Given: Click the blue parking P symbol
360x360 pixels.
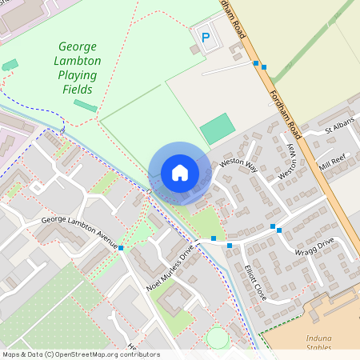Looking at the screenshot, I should [x=206, y=36].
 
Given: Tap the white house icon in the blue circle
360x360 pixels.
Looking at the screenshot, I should [x=179, y=172].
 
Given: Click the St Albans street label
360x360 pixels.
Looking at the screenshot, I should [x=338, y=128].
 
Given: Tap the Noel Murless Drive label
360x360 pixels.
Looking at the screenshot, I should [x=170, y=268].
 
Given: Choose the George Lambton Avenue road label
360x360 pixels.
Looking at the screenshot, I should [x=79, y=230].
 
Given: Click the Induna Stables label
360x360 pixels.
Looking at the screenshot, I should [x=318, y=343].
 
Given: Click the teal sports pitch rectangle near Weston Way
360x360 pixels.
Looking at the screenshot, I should [x=218, y=129].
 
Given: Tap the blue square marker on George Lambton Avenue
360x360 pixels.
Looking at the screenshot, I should [x=121, y=248].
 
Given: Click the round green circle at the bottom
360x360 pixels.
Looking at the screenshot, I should [x=217, y=338].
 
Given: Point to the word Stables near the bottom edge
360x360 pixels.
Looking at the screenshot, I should [x=318, y=349].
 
